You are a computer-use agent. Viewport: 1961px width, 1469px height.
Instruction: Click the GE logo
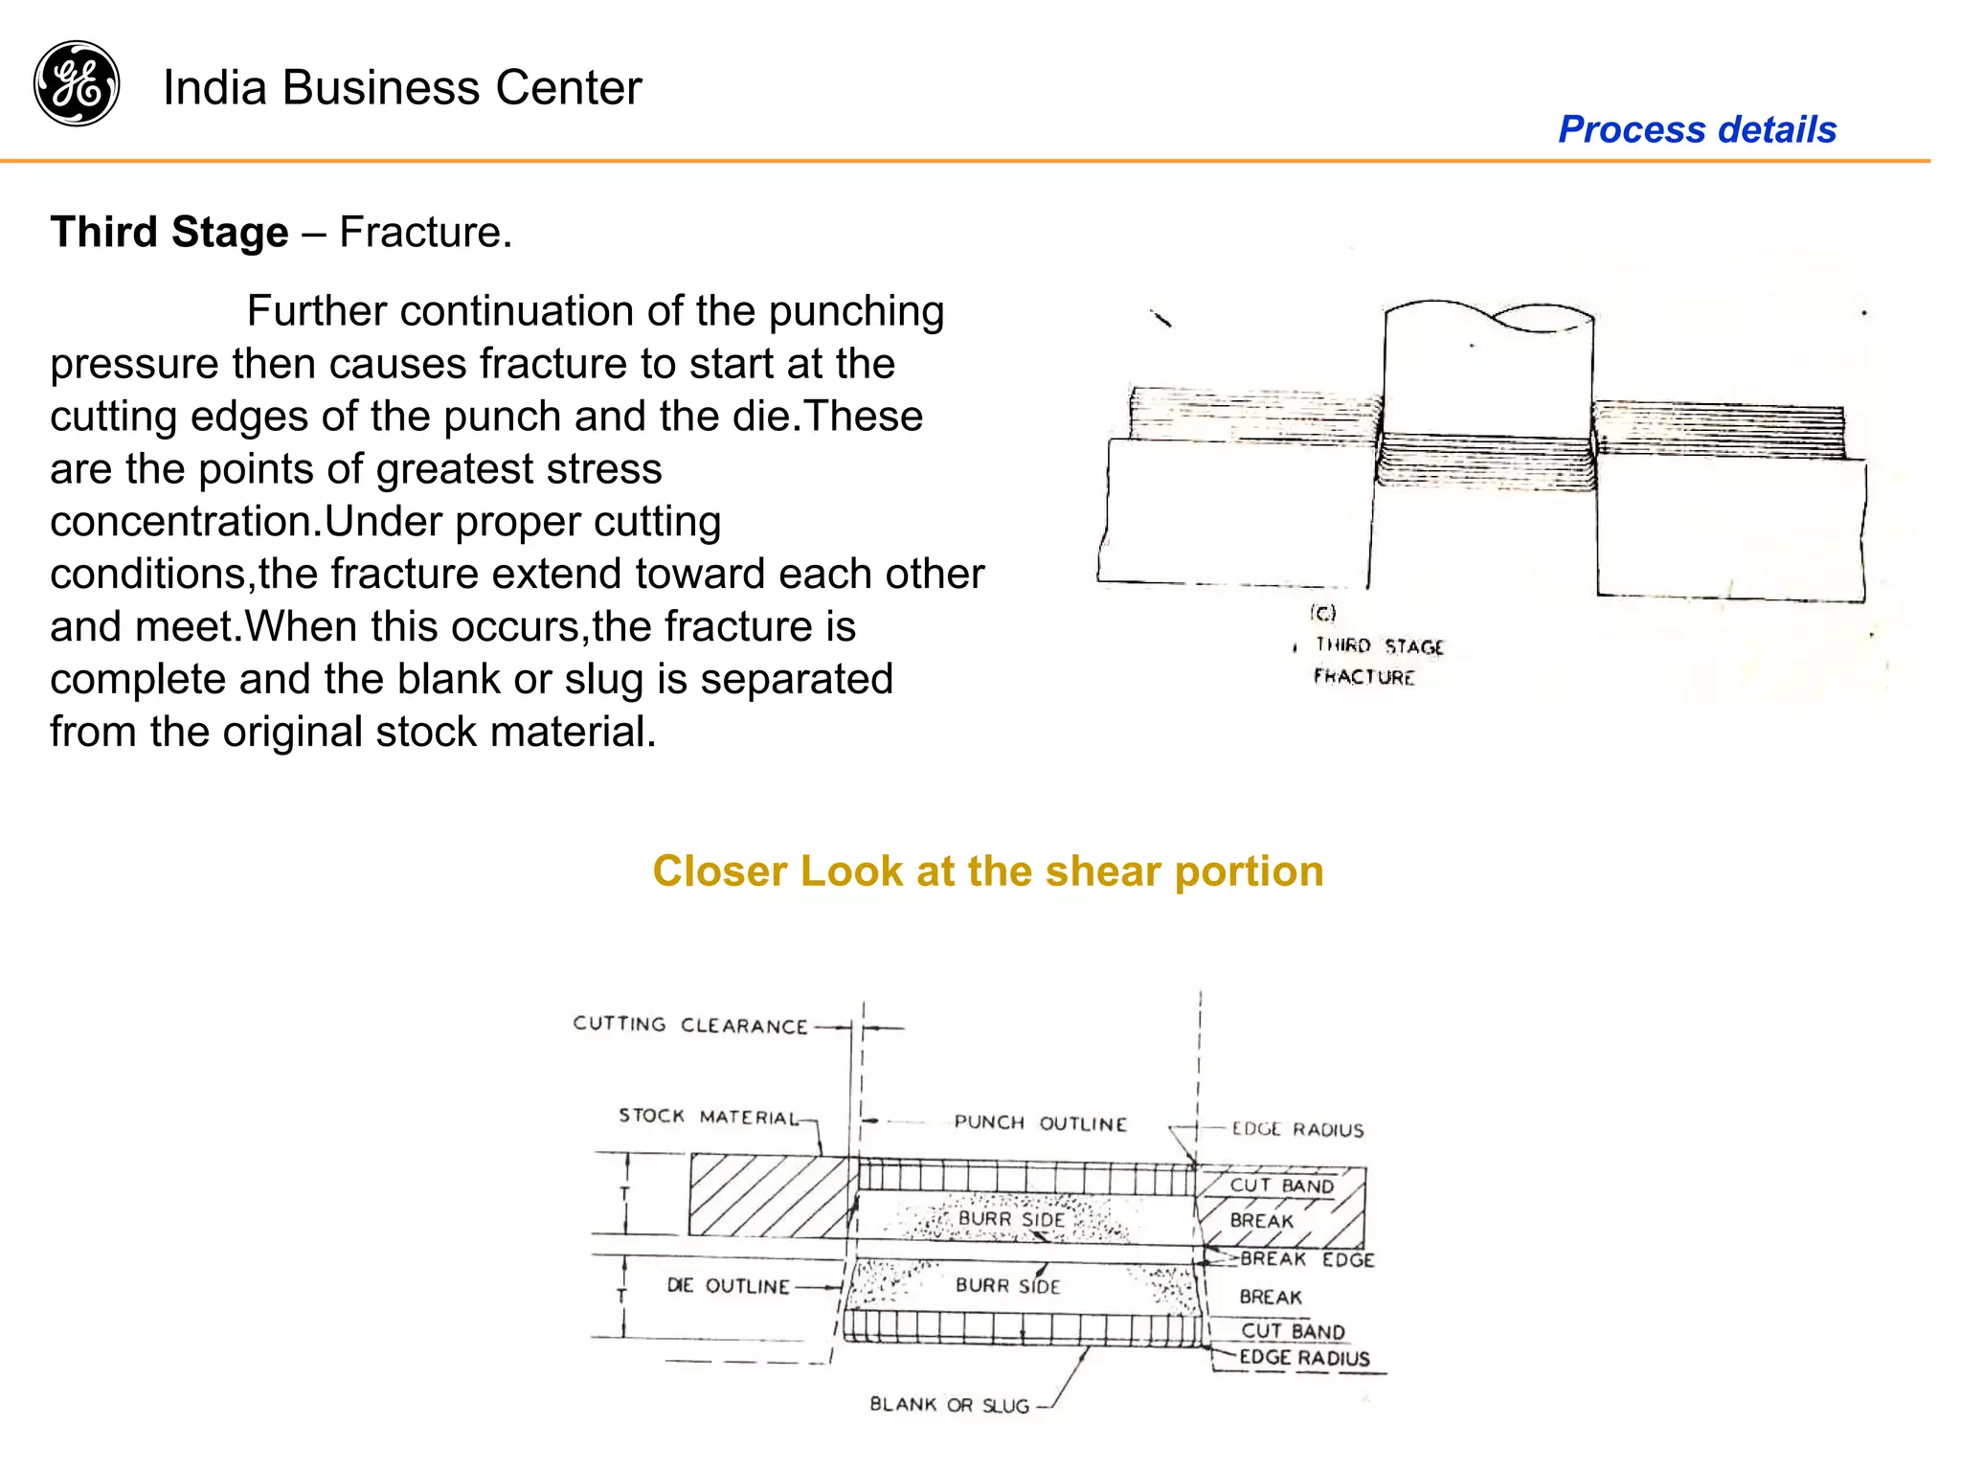click(x=77, y=84)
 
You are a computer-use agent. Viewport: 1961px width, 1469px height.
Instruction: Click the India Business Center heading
click(x=402, y=88)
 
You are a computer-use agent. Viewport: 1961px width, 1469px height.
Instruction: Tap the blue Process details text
click(x=1697, y=129)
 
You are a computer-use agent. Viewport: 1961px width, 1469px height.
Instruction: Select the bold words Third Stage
click(x=169, y=233)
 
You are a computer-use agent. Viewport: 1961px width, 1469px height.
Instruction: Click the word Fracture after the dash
click(x=424, y=233)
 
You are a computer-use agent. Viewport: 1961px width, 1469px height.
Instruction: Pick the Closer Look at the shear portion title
click(x=987, y=871)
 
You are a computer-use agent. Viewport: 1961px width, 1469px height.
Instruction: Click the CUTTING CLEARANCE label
click(x=690, y=1025)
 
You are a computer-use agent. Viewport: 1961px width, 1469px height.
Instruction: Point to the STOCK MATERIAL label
click(x=708, y=1117)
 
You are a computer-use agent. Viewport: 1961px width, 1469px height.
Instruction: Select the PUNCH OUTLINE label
click(x=1040, y=1122)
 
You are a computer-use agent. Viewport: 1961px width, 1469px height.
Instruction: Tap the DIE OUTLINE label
click(x=728, y=1286)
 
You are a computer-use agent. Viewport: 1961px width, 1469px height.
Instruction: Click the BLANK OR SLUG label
click(x=949, y=1405)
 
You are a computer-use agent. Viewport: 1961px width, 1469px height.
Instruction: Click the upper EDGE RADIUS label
click(x=1297, y=1130)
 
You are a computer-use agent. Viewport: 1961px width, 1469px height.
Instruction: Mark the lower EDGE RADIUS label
click(x=1304, y=1358)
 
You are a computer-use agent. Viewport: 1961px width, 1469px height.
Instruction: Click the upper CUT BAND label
click(x=1281, y=1186)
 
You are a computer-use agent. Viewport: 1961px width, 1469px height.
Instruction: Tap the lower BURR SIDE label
click(x=1007, y=1286)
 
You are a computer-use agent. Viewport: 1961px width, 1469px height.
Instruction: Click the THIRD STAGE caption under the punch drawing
click(x=1379, y=646)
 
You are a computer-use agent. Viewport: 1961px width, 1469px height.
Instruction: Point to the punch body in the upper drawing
click(x=1487, y=383)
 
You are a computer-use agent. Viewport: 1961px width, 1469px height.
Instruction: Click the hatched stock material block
click(x=766, y=1195)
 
